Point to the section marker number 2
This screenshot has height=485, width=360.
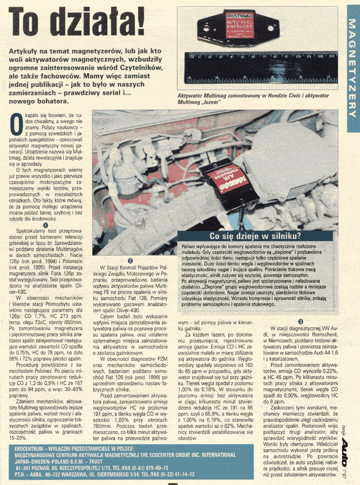[131, 261]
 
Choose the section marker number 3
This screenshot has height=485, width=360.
[301, 321]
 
